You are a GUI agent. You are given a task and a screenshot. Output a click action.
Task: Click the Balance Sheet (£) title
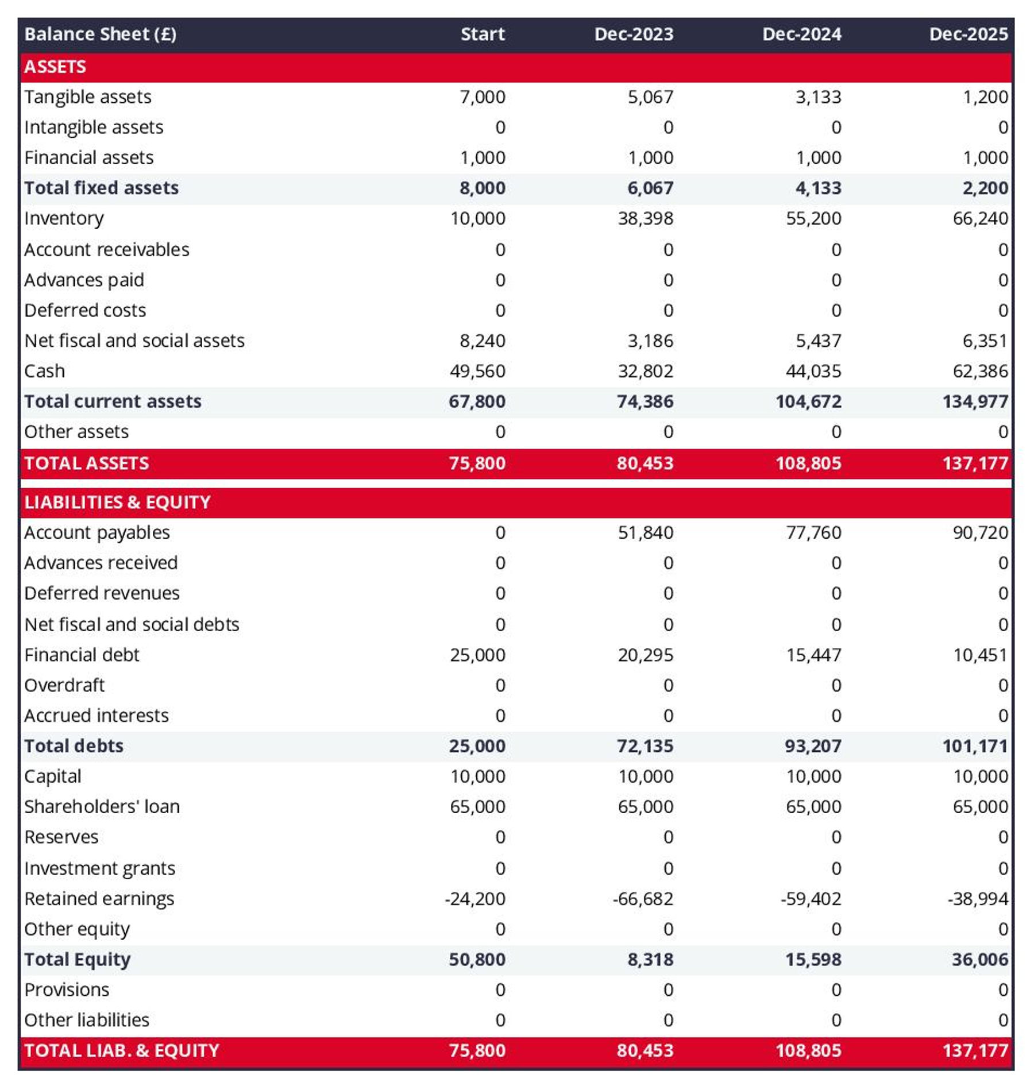point(100,34)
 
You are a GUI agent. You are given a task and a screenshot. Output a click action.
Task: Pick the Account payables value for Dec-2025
point(980,532)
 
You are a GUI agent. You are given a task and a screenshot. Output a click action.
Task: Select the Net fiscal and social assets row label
point(134,341)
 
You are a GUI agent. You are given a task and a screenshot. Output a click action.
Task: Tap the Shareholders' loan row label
point(102,806)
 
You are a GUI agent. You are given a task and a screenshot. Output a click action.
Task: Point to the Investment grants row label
point(99,868)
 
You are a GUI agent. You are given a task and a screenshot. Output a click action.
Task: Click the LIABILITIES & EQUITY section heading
point(117,502)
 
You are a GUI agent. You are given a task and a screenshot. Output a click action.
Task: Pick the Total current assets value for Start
point(477,401)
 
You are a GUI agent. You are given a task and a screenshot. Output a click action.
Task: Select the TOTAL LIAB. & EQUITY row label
point(121,1050)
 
